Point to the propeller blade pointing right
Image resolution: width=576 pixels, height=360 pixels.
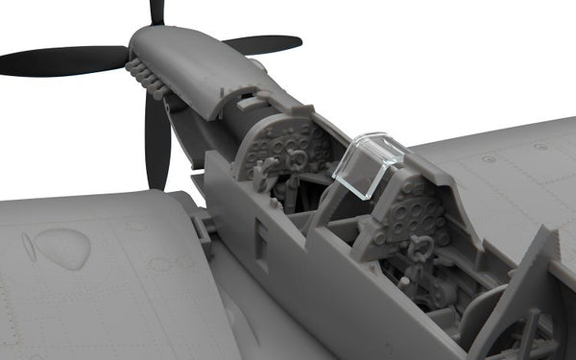pyautogui.click(x=261, y=44)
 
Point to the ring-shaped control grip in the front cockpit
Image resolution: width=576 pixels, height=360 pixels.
pyautogui.click(x=298, y=159)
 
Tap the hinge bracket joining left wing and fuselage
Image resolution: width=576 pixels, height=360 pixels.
pyautogui.click(x=203, y=230)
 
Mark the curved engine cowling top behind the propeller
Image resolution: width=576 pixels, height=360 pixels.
pyautogui.click(x=192, y=58)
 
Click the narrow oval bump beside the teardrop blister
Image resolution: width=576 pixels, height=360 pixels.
pyautogui.click(x=28, y=249)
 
